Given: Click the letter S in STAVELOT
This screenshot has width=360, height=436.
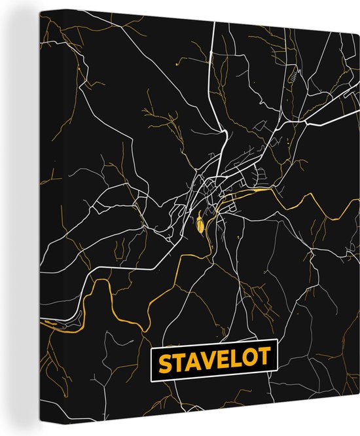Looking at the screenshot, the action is [x=163, y=362].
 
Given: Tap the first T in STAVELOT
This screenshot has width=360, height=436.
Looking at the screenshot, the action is [x=177, y=362].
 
